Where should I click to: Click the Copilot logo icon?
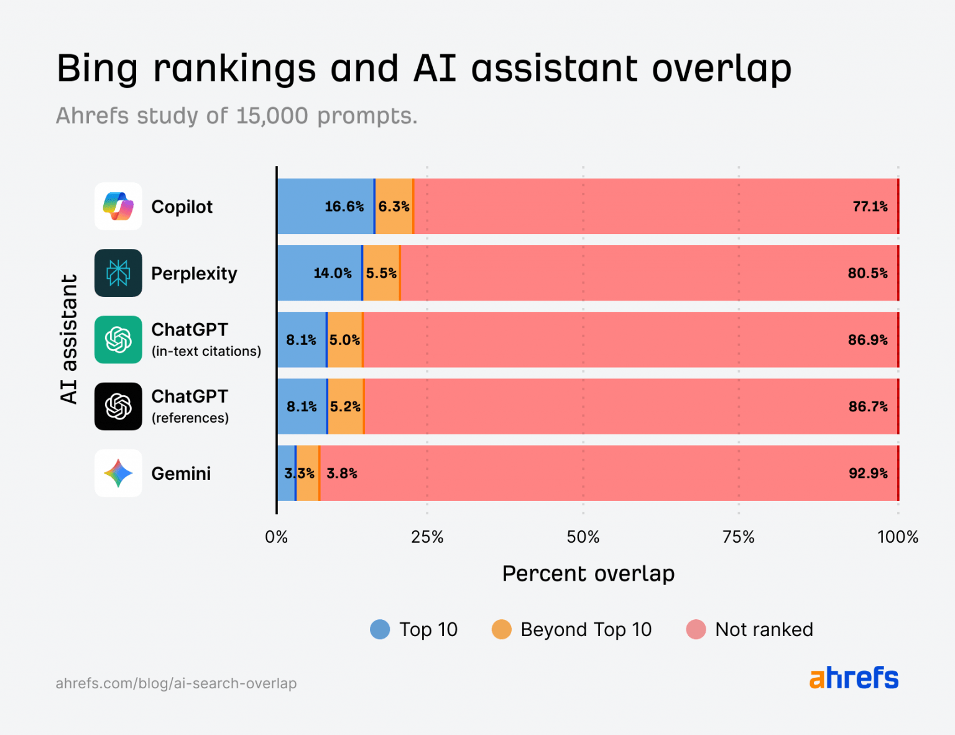point(118,207)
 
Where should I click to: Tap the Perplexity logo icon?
point(118,273)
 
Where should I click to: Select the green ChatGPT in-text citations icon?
point(118,340)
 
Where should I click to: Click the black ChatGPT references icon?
point(118,406)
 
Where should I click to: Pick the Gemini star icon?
point(118,474)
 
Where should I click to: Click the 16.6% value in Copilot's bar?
point(344,207)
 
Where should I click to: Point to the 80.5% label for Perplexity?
point(867,273)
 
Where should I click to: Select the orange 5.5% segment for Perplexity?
point(381,273)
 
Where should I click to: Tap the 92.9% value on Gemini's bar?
point(868,474)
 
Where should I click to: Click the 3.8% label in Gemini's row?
point(342,474)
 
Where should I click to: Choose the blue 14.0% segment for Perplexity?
point(320,273)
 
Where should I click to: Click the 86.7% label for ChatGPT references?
point(868,407)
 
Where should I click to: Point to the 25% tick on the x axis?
point(427,537)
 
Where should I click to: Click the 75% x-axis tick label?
point(739,537)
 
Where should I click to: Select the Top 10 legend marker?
point(380,629)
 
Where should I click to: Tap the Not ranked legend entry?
point(750,629)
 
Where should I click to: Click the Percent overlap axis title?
point(588,573)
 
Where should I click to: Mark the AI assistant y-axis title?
point(69,339)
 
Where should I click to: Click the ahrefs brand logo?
point(854,678)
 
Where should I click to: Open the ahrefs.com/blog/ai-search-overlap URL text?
point(176,683)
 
